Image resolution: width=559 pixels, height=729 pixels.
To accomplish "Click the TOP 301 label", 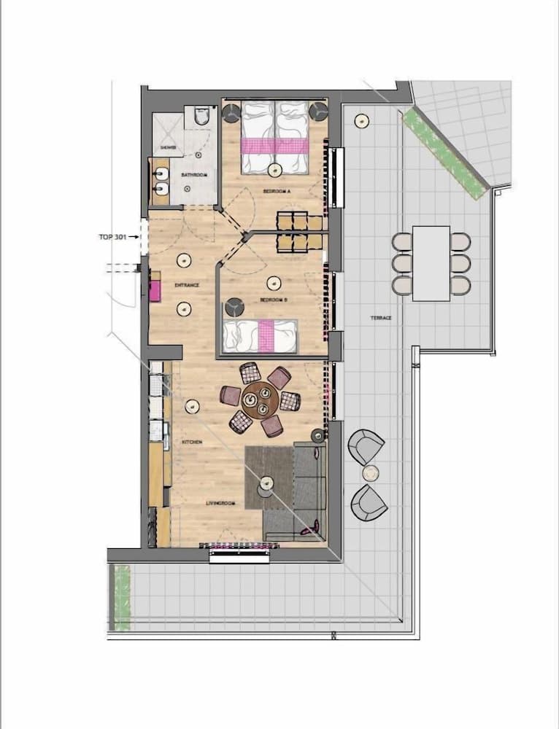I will pos(112,237).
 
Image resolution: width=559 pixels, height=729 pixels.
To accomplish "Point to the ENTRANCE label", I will pos(187,285).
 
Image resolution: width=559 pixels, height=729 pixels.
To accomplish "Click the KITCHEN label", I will pos(193,443).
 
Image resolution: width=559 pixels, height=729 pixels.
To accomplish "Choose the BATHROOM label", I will pos(196,176).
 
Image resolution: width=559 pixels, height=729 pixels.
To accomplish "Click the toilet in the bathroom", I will pos(202,116).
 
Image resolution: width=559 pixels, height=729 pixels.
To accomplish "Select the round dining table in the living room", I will pos(258,401).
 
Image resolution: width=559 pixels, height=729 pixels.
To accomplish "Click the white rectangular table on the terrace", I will pos(431,263).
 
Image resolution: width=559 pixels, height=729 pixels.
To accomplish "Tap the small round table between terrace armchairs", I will pos(371,473).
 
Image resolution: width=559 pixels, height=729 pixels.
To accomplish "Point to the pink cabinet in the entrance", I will pos(155,289).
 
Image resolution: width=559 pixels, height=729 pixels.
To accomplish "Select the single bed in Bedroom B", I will pos(261,336).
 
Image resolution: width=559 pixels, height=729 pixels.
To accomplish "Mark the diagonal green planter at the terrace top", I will pos(444,153).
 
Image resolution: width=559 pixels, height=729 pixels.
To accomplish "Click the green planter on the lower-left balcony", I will pos(120,598).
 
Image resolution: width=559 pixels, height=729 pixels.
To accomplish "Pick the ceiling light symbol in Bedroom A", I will pos(274,170).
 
